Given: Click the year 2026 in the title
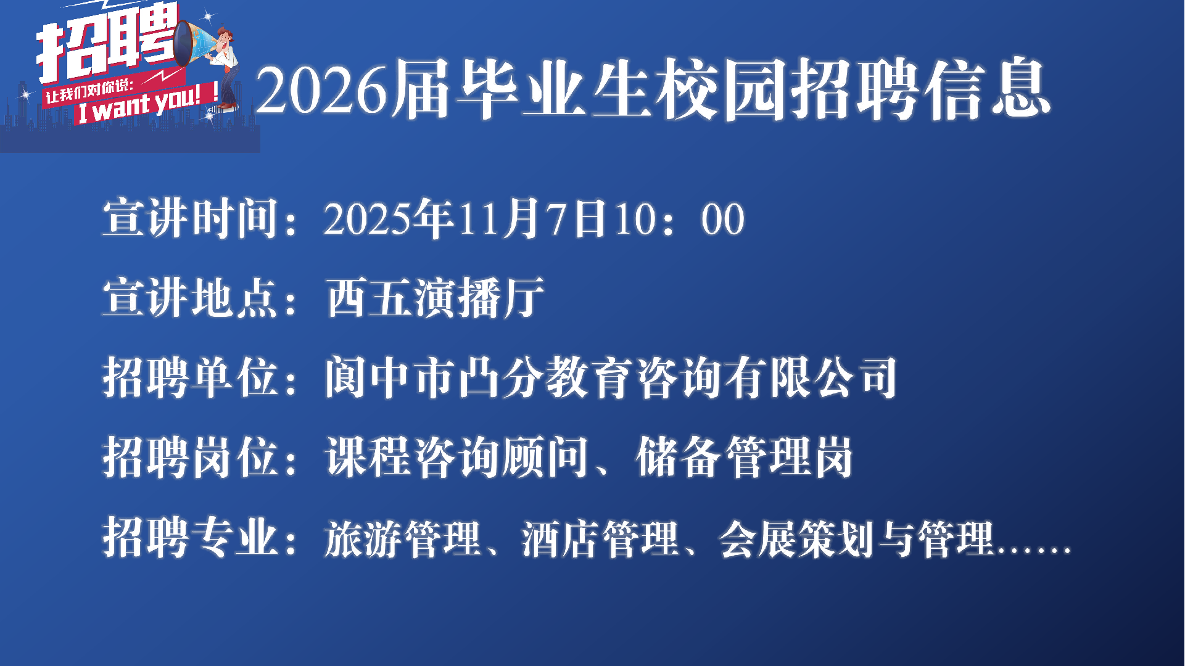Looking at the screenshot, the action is tap(322, 90).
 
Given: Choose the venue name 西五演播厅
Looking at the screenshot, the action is tap(435, 298).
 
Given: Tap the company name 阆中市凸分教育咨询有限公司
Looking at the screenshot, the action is tap(611, 377).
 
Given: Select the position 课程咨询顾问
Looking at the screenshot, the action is tap(457, 457).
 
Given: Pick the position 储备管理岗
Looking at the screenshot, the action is tap(744, 457).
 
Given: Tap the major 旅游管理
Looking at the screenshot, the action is tap(403, 538).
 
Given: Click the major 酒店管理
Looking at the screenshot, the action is tap(600, 538).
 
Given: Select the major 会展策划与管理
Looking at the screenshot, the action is tap(857, 538).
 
